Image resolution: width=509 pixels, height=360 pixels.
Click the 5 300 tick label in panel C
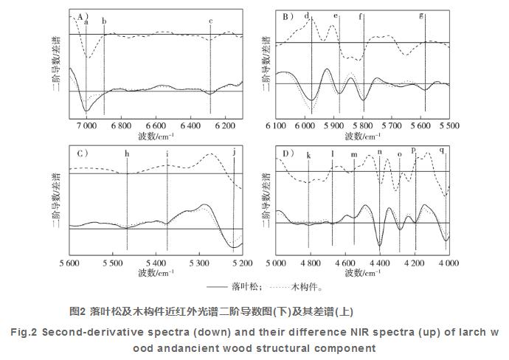point(198,263)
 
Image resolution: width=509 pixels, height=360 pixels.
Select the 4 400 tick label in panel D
point(379,263)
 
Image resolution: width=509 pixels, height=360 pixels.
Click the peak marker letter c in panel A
point(211,21)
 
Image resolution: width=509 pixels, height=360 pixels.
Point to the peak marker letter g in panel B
point(421,15)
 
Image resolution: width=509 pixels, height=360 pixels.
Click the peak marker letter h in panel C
point(127,153)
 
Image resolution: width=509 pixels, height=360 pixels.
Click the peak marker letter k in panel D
point(308,155)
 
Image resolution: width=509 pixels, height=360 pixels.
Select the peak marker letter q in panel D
point(443,150)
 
